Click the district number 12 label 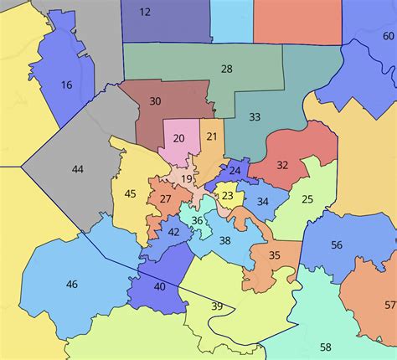tap(145, 12)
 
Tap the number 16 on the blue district tap(67, 85)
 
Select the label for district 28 tap(226, 69)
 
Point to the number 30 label tap(155, 101)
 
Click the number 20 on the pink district tap(178, 138)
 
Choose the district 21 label tap(212, 136)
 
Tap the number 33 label tap(255, 116)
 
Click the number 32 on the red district tap(282, 165)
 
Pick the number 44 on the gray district tap(77, 169)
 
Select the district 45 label tap(130, 194)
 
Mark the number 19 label tap(186, 178)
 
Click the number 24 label tap(235, 171)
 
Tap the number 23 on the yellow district tap(227, 196)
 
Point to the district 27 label tap(166, 198)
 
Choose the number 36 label tap(197, 220)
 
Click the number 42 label tap(173, 232)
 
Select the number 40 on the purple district tap(159, 286)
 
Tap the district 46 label tap(71, 285)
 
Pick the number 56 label tap(337, 245)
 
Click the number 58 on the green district tap(325, 347)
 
